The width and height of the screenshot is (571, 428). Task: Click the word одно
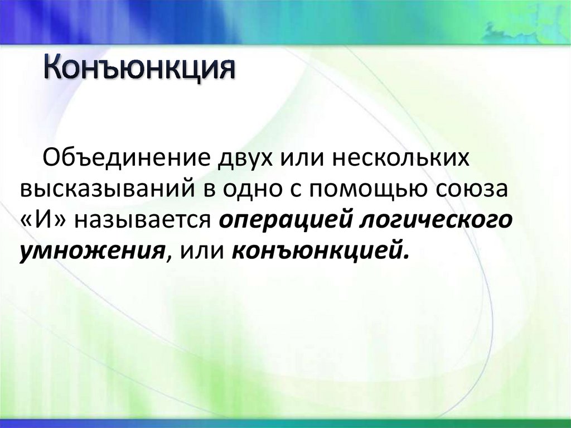[x=250, y=189]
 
